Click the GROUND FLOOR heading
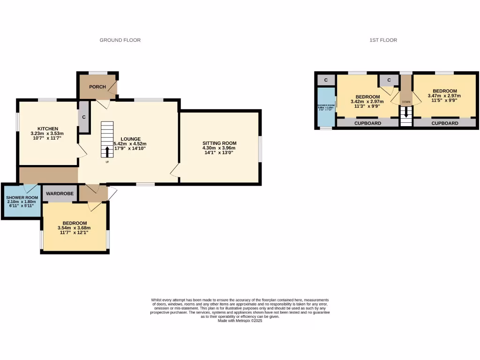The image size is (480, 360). (x=120, y=40)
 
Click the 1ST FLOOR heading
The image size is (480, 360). (x=383, y=40)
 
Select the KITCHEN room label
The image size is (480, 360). (x=48, y=129)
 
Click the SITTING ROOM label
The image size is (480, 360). (x=219, y=143)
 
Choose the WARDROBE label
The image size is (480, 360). (x=58, y=193)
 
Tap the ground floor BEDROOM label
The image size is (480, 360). (x=75, y=223)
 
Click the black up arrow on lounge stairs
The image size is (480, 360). (x=107, y=152)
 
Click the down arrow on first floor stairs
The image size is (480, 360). (x=406, y=113)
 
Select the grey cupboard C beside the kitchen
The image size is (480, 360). (x=84, y=117)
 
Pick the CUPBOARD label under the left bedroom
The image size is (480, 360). (x=367, y=123)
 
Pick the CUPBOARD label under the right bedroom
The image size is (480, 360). (x=445, y=123)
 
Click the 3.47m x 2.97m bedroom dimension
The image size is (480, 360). (x=444, y=96)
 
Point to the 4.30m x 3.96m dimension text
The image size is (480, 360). (x=219, y=148)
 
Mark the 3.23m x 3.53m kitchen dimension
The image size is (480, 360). (x=48, y=134)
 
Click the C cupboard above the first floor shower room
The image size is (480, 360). (x=326, y=80)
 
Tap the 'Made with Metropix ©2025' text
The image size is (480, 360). (x=240, y=321)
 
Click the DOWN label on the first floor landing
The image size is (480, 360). (x=406, y=102)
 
